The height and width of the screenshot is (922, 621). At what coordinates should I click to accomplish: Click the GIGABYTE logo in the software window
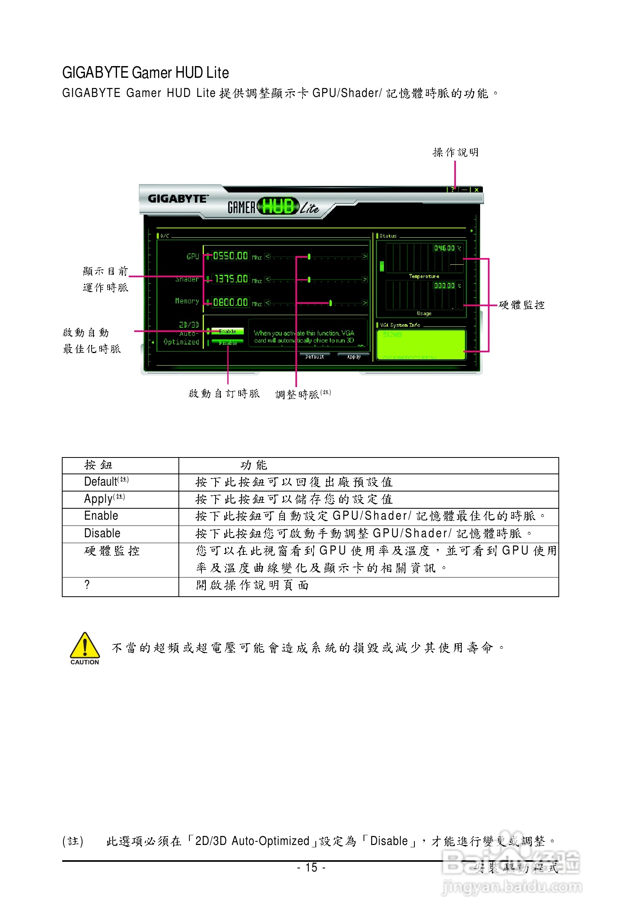tap(177, 199)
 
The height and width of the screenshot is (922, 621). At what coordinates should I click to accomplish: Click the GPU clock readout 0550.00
tap(230, 256)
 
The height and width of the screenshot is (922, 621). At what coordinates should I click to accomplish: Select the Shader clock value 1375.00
tap(231, 279)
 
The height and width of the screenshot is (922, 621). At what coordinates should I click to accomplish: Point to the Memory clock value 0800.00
tap(230, 302)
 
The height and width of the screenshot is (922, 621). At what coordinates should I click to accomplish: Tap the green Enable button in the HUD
tap(227, 331)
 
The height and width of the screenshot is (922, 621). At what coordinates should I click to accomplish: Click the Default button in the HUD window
tap(315, 357)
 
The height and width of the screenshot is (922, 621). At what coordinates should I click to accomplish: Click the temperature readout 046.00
tap(445, 248)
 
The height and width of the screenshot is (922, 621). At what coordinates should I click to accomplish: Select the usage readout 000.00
tap(445, 286)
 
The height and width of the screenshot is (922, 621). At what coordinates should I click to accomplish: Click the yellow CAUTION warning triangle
tap(85, 646)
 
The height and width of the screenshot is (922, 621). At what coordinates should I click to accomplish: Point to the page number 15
tap(311, 867)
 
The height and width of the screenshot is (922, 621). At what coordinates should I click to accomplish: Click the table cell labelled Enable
tap(101, 516)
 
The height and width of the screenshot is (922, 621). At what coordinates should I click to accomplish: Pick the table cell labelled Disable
tap(102, 533)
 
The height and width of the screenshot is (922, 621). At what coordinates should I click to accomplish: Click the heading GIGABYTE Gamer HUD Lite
tap(145, 73)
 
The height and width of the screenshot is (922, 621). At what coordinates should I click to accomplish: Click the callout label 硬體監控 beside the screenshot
tap(521, 305)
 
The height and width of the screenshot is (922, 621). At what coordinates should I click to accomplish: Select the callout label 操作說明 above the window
tap(455, 152)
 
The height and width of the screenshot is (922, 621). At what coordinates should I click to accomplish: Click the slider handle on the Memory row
tap(330, 303)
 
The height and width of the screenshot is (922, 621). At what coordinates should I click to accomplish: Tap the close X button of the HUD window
tap(477, 190)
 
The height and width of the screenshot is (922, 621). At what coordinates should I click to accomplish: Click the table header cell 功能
tap(254, 465)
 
